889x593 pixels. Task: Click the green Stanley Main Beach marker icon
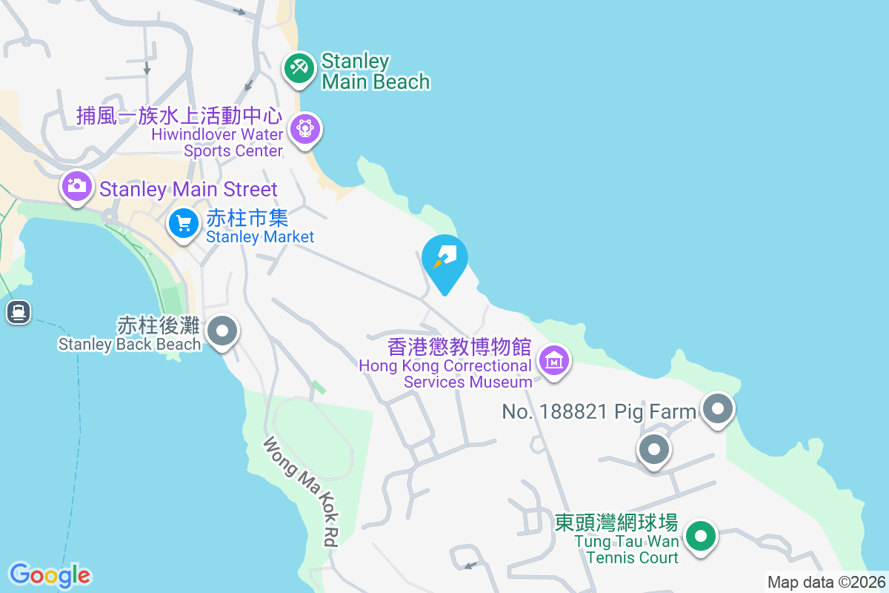(x=299, y=69)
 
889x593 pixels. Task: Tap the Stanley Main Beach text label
(x=376, y=71)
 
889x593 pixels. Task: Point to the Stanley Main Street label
(x=188, y=189)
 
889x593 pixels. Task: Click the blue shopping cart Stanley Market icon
(x=183, y=222)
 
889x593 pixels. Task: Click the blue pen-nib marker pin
(x=444, y=261)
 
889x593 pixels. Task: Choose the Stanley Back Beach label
(x=130, y=335)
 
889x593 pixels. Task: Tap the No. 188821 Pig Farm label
(x=599, y=411)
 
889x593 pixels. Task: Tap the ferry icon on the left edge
(x=19, y=311)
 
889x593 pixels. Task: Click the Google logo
(x=50, y=575)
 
